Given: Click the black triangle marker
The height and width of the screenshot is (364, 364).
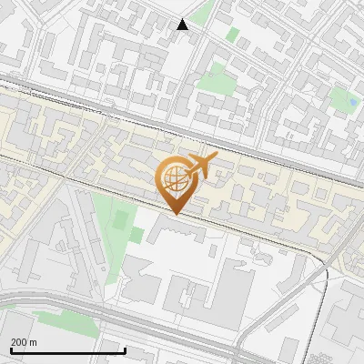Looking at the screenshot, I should pyautogui.click(x=183, y=25).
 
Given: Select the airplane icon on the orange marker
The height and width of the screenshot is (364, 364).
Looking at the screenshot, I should pyautogui.click(x=203, y=165).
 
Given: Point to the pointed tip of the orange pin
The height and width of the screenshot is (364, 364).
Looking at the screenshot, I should pyautogui.click(x=175, y=214).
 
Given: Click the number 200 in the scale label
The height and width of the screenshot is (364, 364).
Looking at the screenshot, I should pyautogui.click(x=19, y=342).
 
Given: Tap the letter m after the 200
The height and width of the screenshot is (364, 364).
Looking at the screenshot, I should pyautogui.click(x=33, y=342).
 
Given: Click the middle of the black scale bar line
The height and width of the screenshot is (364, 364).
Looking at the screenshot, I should pyautogui.click(x=68, y=350).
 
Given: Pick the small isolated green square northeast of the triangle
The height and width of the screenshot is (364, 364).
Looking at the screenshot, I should pyautogui.click(x=233, y=35).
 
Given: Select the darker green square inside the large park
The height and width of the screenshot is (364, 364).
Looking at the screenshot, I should pyautogui.click(x=136, y=235).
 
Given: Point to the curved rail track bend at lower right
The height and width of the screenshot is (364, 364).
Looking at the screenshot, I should pyautogui.click(x=320, y=273).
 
